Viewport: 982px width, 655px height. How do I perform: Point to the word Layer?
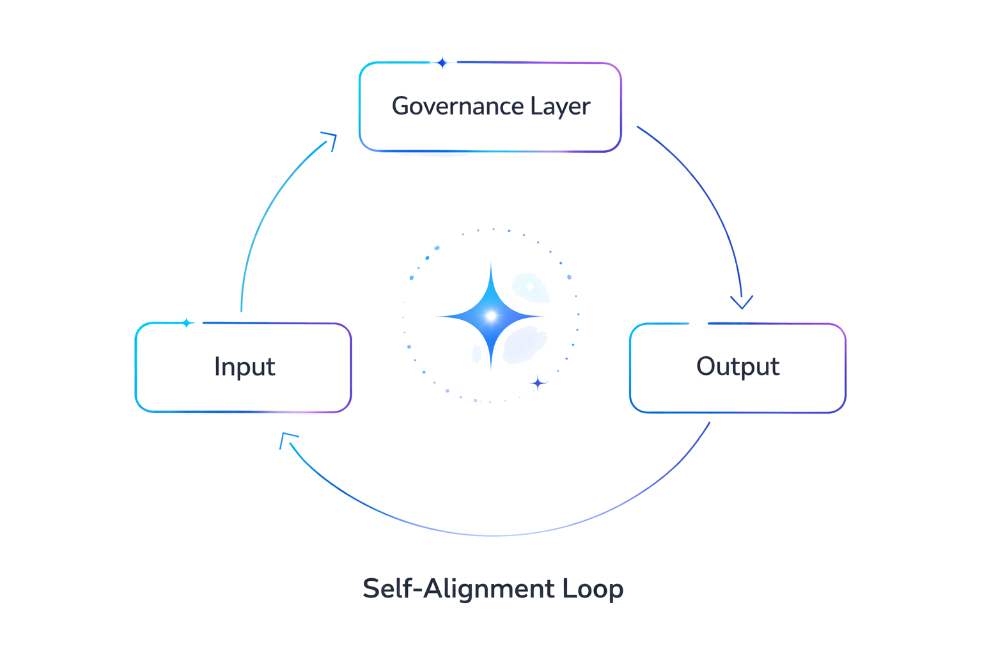point(560,106)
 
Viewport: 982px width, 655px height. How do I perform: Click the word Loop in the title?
point(593,588)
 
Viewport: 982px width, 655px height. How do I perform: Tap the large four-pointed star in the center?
point(491,316)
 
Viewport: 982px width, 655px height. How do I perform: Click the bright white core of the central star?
point(491,316)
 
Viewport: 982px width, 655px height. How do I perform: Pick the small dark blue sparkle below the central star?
point(538,383)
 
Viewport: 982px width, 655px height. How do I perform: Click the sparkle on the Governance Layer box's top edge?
point(442,63)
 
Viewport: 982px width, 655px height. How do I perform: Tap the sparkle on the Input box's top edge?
point(187,323)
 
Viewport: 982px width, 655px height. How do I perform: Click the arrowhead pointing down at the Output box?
point(742,303)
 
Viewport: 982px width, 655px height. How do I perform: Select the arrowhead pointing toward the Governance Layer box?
point(330,139)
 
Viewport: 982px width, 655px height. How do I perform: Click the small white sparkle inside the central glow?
point(529,287)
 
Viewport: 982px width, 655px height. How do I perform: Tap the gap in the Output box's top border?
point(698,324)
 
